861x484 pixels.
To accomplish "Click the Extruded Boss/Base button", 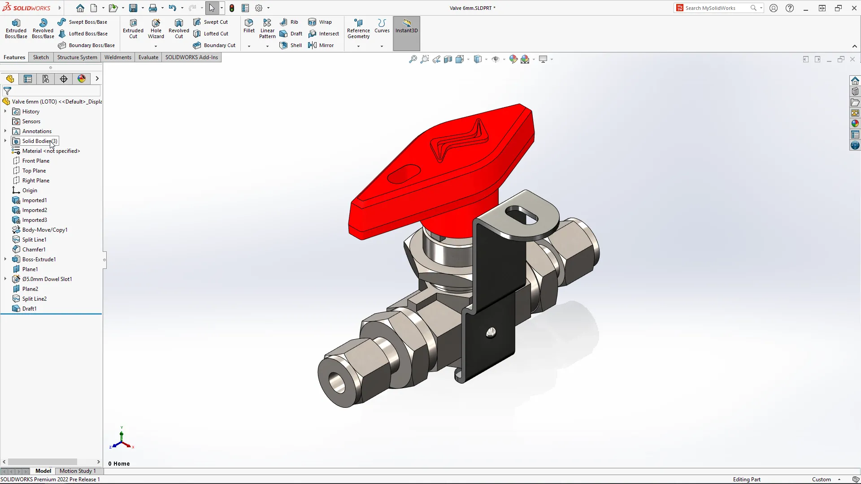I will click(x=16, y=29).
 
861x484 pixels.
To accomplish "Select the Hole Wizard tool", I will click(x=156, y=29).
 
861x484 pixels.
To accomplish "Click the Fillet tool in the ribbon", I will click(x=249, y=26).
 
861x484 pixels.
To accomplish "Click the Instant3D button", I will click(x=406, y=26).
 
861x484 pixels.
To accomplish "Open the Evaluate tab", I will click(x=148, y=57).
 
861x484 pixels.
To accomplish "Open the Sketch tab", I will click(x=41, y=57).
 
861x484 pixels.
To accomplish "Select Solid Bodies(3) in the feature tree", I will click(x=39, y=141).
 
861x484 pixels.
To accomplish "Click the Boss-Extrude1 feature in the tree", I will click(x=39, y=259).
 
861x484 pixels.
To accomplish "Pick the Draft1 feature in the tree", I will click(x=29, y=309).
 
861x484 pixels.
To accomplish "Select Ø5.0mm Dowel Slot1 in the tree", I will click(x=47, y=279).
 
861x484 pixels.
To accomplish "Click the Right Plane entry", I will click(x=36, y=181).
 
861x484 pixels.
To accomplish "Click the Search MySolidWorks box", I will click(x=716, y=8).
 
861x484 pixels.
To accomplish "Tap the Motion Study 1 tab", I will click(x=78, y=471).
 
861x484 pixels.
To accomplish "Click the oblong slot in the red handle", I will click(x=404, y=174).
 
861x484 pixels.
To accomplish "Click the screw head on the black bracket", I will click(x=491, y=333).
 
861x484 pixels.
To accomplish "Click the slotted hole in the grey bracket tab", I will click(x=521, y=215).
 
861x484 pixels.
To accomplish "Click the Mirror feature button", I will click(x=321, y=45).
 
